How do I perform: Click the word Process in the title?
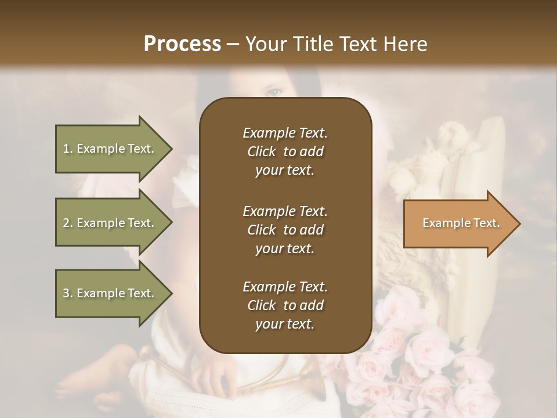click(x=182, y=44)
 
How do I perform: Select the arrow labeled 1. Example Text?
click(x=108, y=149)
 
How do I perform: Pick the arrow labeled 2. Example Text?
click(x=108, y=223)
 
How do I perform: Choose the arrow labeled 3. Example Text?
click(x=108, y=293)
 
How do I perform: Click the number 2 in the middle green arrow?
click(x=66, y=223)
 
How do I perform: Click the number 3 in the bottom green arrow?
click(x=66, y=293)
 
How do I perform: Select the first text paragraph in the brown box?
click(x=285, y=152)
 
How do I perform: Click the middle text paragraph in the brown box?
click(x=285, y=229)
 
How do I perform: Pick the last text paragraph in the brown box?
click(x=285, y=305)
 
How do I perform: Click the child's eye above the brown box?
click(x=275, y=91)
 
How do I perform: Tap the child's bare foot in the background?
click(x=87, y=377)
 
